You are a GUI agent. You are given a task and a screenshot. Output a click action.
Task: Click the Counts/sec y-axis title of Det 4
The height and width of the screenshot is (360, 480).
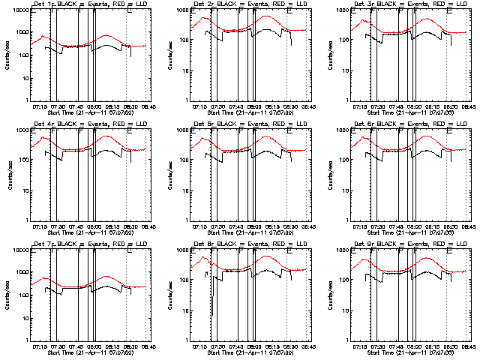pos(10,175)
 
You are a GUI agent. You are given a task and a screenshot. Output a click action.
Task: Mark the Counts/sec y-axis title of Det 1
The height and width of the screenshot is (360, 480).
pos(10,55)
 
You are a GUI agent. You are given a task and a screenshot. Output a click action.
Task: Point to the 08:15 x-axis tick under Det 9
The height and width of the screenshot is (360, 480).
pos(433,347)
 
